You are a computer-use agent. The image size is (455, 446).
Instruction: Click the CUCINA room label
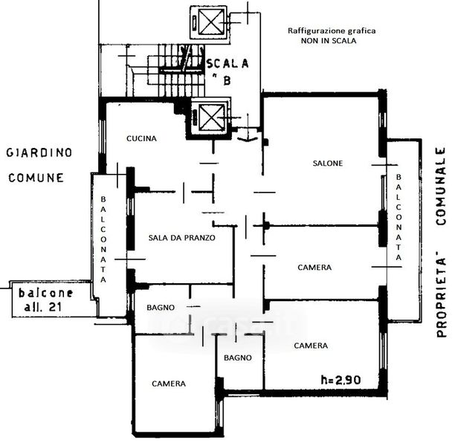coord(141,138)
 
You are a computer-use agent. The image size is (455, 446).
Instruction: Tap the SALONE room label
coord(327,164)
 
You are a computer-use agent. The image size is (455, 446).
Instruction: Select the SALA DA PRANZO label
coord(182,238)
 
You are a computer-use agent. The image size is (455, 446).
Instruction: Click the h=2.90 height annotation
coord(341,379)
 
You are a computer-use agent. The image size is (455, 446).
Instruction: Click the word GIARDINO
coord(39,152)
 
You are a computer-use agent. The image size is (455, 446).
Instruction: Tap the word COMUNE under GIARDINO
coord(36,178)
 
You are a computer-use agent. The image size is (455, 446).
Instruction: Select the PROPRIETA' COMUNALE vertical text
coord(440,242)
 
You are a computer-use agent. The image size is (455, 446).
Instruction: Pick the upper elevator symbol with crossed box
coord(207,22)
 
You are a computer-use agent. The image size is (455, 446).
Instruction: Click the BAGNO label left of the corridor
coord(161,307)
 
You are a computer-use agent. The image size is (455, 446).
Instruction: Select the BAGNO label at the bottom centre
coord(238,358)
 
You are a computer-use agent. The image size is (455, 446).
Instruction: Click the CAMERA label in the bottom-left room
coord(169,384)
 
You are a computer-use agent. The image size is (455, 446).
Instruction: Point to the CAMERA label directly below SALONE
coord(314,267)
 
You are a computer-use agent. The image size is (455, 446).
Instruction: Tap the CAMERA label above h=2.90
coord(311,346)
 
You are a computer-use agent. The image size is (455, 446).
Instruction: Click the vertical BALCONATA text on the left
coord(103,239)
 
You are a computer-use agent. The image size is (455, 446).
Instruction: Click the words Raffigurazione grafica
coord(332,31)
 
